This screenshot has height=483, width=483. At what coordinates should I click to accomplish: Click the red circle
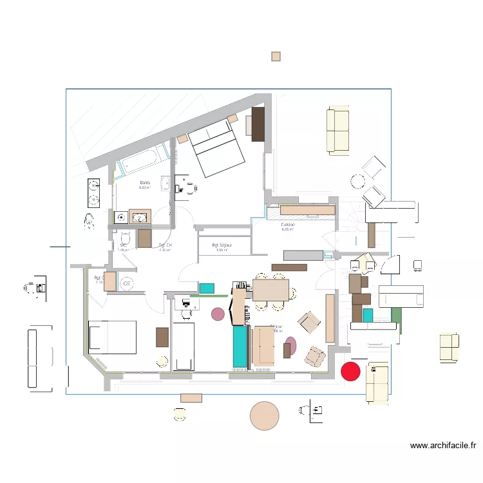coord(350,371)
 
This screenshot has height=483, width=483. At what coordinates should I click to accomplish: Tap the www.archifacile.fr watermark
coord(443,445)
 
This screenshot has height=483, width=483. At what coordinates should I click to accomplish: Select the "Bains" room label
coord(145,184)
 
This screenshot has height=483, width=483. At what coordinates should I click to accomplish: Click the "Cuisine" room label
coord(288,225)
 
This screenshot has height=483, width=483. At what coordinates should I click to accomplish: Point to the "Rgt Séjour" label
coord(222,245)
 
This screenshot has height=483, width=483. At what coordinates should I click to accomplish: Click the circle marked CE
coord(127,283)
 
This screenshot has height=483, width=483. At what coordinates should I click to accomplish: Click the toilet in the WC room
coord(124,239)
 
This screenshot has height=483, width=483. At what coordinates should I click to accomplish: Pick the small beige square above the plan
coord(276,57)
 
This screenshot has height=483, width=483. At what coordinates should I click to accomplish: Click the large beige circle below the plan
coord(264,415)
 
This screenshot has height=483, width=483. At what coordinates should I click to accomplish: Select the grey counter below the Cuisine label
coord(298,255)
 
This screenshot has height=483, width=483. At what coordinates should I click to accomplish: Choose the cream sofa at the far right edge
coord(450,346)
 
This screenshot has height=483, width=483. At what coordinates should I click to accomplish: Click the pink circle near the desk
coord(218,314)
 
